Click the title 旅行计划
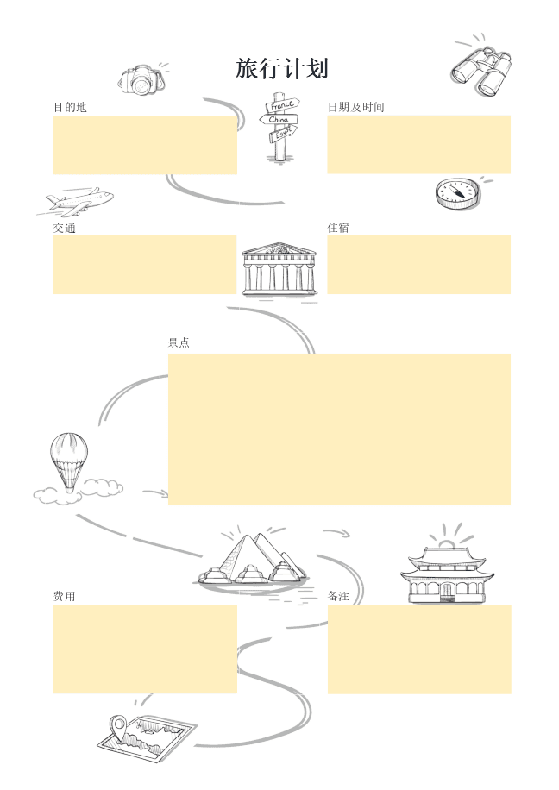pos(281,69)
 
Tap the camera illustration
pos(141,80)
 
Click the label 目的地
pos(70,107)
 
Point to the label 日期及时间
pos(355,107)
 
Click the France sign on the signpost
pos(280,106)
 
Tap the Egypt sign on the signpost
pos(283,132)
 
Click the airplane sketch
pos(79,202)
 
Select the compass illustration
pos(455,193)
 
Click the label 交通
pos(64,228)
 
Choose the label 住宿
pos(338,228)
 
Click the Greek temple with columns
pos(279,269)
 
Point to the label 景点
pos(179,342)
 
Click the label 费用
pos(64,596)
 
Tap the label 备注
pos(338,596)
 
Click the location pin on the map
pos(119,726)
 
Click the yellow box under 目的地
pos(145,145)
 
